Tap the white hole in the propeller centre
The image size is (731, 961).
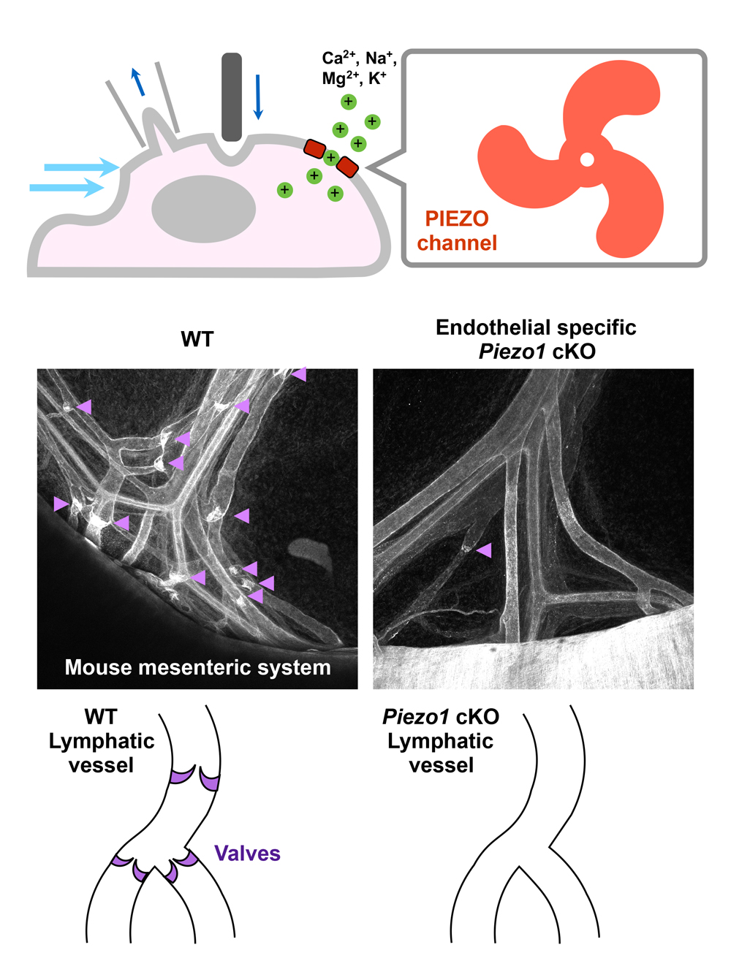(586, 159)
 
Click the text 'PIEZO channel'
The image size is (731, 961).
(457, 231)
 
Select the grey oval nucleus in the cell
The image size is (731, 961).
(203, 208)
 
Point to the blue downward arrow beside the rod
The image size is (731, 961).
(257, 96)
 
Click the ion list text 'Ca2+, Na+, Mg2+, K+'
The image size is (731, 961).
(358, 68)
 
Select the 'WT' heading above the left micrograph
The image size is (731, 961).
(197, 340)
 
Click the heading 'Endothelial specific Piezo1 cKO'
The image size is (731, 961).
(536, 339)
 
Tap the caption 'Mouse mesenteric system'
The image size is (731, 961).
(197, 667)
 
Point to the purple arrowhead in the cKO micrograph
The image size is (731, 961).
(484, 550)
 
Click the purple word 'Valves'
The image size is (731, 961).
(247, 854)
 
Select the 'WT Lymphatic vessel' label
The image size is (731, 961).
(102, 741)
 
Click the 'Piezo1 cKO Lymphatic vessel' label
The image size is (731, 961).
(441, 741)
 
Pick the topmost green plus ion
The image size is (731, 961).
(349, 102)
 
